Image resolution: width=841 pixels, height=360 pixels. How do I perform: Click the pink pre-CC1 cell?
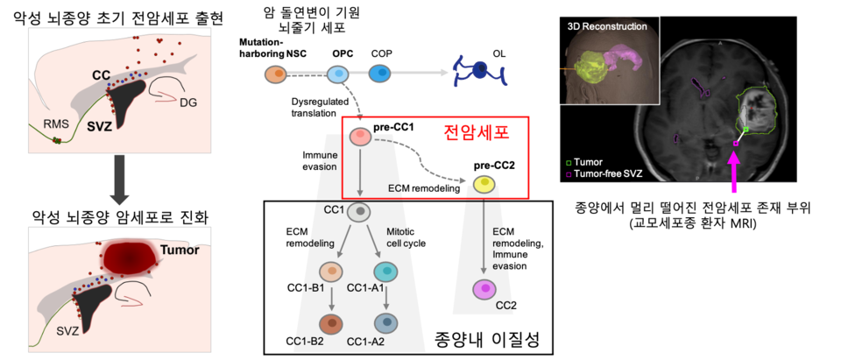(x=358, y=138)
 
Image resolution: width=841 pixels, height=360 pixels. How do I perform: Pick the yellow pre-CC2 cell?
(x=483, y=184)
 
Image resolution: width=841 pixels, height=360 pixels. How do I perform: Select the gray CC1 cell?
(x=359, y=213)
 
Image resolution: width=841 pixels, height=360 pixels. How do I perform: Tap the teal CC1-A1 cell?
(x=386, y=272)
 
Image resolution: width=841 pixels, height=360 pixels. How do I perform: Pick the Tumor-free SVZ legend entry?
(x=604, y=174)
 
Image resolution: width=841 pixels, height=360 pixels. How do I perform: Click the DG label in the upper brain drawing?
(x=187, y=102)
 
